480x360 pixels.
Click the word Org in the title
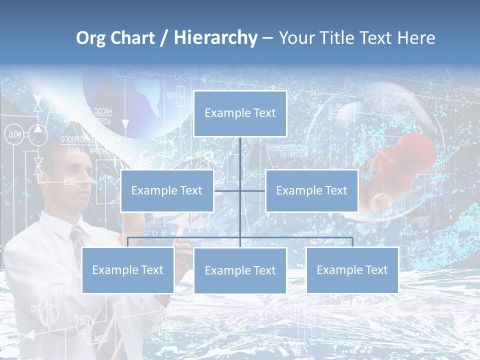coord(91,38)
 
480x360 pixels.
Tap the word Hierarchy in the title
coord(215,38)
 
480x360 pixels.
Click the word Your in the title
coord(296,38)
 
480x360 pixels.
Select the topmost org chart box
coord(240,113)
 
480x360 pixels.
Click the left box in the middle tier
coord(167,190)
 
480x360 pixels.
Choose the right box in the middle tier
coord(311,190)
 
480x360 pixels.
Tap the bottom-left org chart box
coord(127,270)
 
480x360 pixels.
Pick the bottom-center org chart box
coord(240,270)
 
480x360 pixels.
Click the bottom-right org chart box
coord(352,270)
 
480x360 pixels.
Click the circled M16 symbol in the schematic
coord(13,134)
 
